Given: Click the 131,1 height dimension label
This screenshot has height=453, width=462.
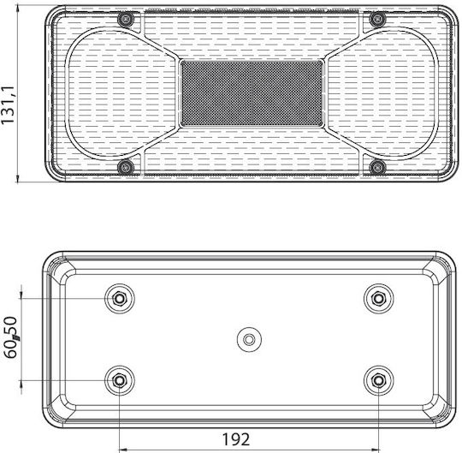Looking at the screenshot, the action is click(x=8, y=105).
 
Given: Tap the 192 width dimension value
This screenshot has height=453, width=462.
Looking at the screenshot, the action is click(x=236, y=439).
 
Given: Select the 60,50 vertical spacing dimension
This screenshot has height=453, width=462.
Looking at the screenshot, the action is click(x=11, y=337).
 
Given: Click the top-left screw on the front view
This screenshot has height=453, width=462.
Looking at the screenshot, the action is click(x=126, y=20).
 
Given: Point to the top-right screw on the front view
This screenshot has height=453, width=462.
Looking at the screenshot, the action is click(x=377, y=20).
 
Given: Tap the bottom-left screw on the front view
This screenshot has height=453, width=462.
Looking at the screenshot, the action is click(x=126, y=168).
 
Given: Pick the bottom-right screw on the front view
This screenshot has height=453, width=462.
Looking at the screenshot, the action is click(x=377, y=168).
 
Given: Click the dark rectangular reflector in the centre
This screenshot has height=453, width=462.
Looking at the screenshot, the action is click(x=252, y=93).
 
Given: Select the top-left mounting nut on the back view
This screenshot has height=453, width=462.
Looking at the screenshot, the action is click(x=120, y=299).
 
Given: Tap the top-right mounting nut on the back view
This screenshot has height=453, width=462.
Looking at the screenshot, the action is click(x=378, y=299).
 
